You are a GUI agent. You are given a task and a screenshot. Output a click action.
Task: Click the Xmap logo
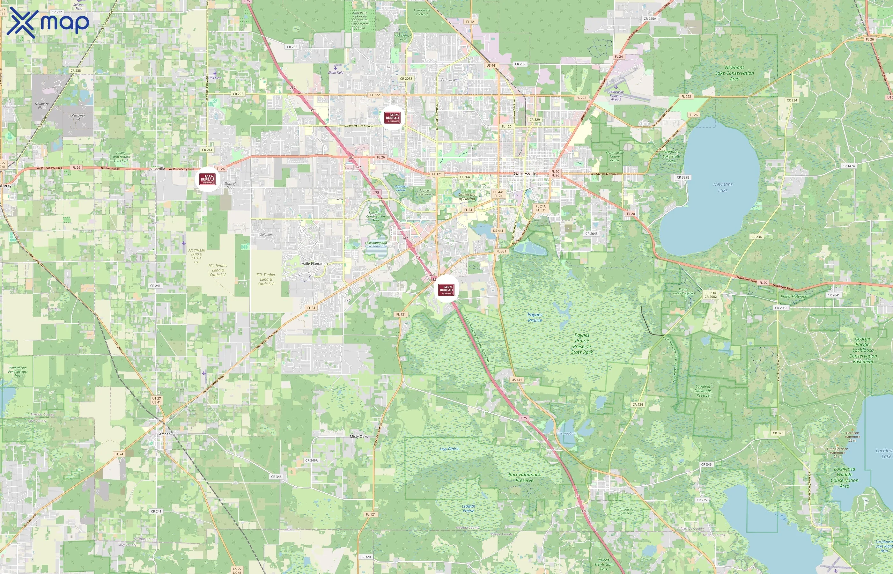[48, 23]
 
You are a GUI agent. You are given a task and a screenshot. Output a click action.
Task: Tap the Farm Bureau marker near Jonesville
[207, 179]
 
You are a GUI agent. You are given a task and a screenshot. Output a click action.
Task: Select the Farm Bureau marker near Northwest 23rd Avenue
[393, 118]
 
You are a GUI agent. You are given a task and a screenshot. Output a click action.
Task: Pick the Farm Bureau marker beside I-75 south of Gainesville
[446, 289]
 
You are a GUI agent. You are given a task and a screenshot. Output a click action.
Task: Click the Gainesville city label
[525, 174]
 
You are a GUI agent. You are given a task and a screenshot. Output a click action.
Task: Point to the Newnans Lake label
[723, 187]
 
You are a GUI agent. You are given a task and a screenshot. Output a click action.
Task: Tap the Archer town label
[164, 434]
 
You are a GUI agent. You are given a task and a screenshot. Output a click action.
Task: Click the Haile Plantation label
[314, 263]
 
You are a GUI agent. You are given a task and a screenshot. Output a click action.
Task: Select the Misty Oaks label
[359, 437]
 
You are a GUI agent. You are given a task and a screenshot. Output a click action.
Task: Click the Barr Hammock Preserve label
[524, 477]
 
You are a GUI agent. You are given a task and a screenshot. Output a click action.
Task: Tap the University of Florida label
[467, 196]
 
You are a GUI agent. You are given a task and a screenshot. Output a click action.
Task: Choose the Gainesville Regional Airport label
[616, 95]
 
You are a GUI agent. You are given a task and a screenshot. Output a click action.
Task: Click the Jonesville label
[157, 168]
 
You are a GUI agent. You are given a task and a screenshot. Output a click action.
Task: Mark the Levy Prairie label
[449, 449]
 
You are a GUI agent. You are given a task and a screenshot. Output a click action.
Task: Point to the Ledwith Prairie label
[469, 508]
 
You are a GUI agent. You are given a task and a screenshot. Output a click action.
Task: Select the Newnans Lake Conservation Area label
[734, 73]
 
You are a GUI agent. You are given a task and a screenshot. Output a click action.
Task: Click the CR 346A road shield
[312, 460]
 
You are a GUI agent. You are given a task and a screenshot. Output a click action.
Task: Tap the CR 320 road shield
[365, 557]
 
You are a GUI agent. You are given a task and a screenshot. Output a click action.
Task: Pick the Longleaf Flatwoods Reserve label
[703, 391]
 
